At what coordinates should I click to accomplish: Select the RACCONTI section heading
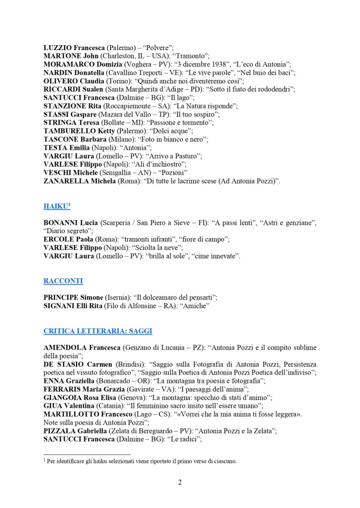63,281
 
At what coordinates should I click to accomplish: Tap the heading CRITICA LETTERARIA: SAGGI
98,331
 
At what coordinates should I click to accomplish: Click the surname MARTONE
63,56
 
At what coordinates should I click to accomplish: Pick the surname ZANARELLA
66,181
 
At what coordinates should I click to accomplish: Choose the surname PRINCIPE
62,297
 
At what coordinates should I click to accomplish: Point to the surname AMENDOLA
66,347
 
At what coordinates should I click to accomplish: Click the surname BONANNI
62,223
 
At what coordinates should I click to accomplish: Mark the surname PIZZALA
61,431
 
